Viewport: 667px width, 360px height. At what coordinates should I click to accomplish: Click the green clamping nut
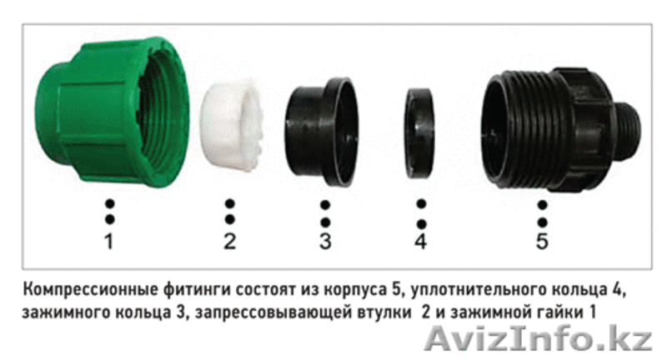pyautogui.click(x=112, y=112)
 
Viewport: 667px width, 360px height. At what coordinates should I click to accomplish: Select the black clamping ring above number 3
pyautogui.click(x=321, y=131)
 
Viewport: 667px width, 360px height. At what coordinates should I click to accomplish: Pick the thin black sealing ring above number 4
pyautogui.click(x=420, y=132)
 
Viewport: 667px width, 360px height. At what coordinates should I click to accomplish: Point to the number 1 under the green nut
pyautogui.click(x=109, y=241)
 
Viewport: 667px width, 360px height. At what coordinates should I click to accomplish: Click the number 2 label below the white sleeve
pyautogui.click(x=230, y=241)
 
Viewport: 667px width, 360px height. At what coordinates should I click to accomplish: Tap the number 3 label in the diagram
pyautogui.click(x=325, y=241)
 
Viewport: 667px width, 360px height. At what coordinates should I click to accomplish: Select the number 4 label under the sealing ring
pyautogui.click(x=421, y=241)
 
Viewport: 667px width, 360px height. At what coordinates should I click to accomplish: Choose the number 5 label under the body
pyautogui.click(x=542, y=241)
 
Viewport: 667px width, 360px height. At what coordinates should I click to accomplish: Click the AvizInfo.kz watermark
pyautogui.click(x=539, y=338)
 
